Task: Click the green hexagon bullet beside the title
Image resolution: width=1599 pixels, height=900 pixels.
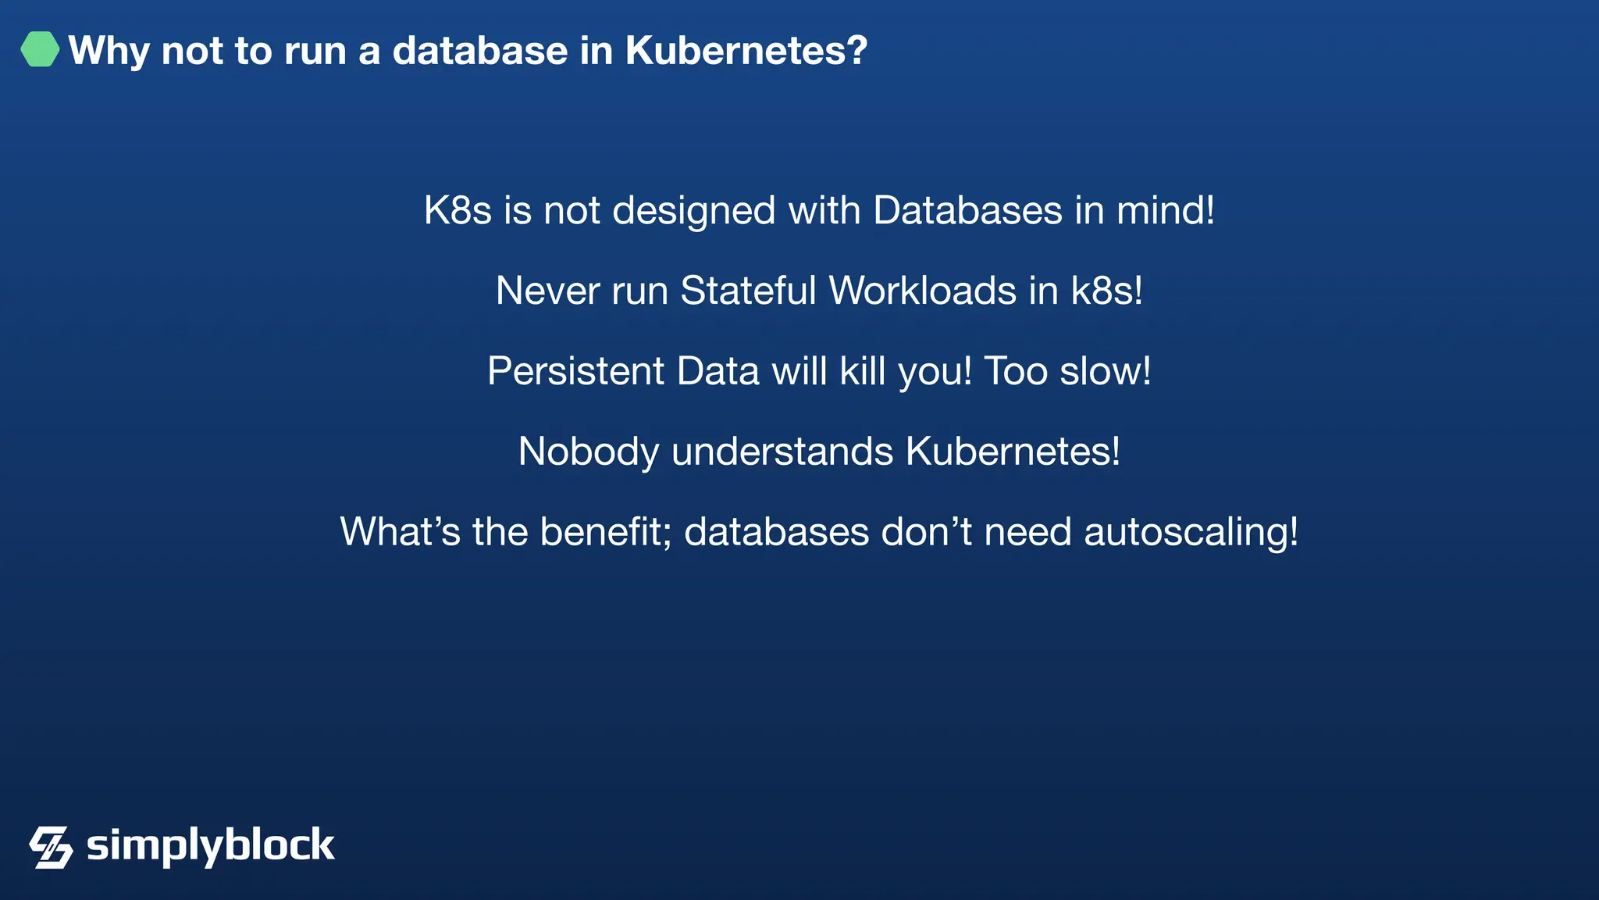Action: pos(40,49)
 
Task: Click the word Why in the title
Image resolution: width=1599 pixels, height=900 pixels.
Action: pos(109,51)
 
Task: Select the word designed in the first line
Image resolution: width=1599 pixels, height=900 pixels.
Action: pos(694,211)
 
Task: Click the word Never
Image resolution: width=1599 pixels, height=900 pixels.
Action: pos(547,291)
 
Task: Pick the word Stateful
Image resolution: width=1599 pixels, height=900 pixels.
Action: pos(748,291)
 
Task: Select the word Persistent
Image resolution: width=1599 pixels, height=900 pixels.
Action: pos(575,371)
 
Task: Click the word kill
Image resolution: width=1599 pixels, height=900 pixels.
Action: pos(863,371)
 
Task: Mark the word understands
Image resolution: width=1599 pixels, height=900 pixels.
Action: pos(782,452)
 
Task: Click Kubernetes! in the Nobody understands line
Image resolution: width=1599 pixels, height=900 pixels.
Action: pos(1013,452)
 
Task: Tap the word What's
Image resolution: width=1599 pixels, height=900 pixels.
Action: pos(400,532)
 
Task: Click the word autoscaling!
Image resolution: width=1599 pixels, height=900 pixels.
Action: pos(1191,534)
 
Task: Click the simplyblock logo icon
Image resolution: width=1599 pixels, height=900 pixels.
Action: pos(51,847)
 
